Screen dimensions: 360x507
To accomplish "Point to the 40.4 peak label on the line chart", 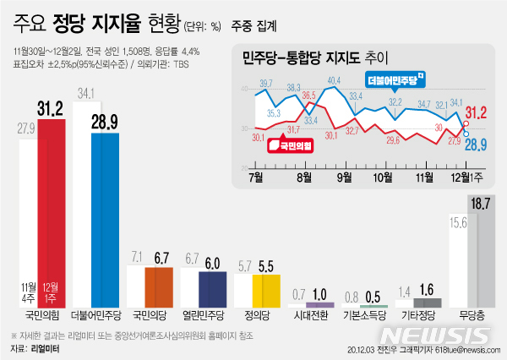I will click(334, 80).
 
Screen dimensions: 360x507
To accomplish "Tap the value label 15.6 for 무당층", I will click(456, 222).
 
